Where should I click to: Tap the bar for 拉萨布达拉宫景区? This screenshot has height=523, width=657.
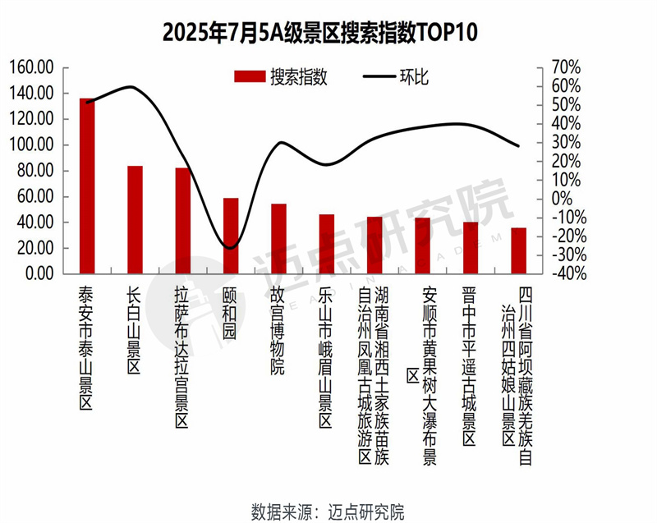click(x=183, y=221)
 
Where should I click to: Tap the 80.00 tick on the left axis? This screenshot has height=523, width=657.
click(x=36, y=171)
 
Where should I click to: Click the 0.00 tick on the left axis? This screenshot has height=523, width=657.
click(x=39, y=273)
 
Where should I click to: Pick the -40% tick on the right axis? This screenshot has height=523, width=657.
click(x=563, y=273)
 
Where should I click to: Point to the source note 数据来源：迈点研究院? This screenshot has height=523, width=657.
click(x=328, y=511)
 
